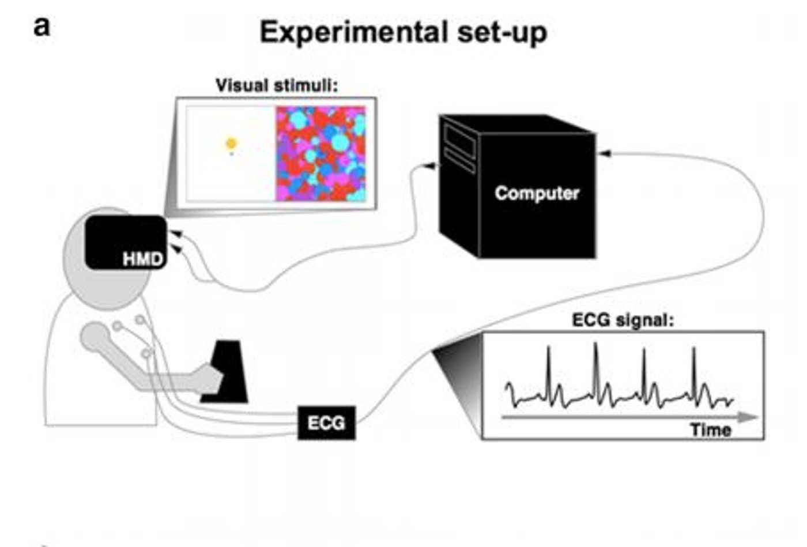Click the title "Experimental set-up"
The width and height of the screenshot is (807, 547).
[403, 32]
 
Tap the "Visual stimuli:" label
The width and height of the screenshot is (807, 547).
[276, 85]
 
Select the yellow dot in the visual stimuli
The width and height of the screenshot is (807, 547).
[231, 144]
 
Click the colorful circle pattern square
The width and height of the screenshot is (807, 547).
[320, 153]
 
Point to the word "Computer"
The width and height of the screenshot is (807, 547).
[537, 193]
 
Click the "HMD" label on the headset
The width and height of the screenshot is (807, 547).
[142, 259]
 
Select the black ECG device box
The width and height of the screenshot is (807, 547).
[326, 423]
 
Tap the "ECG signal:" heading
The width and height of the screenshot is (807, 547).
[623, 320]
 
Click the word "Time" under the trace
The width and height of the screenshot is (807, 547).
[711, 429]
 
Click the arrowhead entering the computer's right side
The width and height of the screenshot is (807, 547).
[604, 153]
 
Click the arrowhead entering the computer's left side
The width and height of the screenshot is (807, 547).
[430, 166]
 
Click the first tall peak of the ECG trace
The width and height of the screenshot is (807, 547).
[549, 349]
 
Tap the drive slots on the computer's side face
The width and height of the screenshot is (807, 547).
[459, 148]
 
